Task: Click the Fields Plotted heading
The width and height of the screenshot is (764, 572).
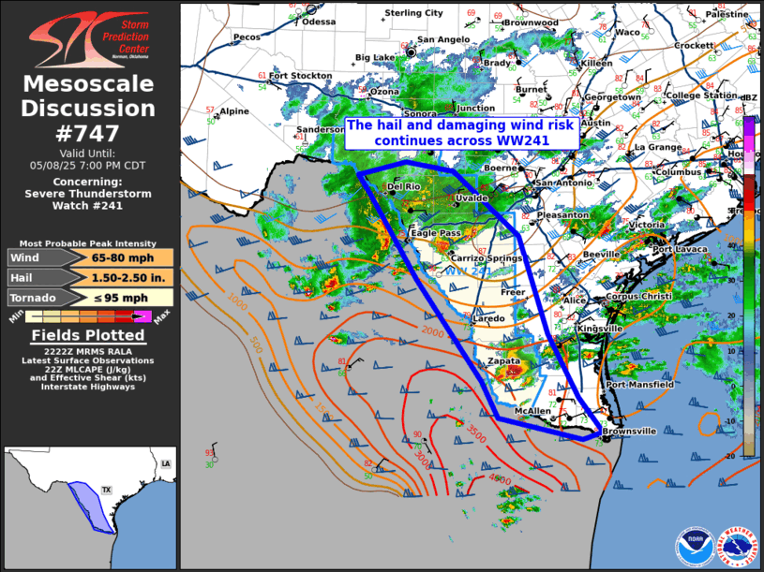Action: pyautogui.click(x=89, y=335)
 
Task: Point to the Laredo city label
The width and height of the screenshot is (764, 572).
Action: pyautogui.click(x=487, y=318)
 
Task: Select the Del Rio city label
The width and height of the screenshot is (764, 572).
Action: pyautogui.click(x=404, y=187)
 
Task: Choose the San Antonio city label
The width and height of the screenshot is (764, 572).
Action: pyautogui.click(x=564, y=182)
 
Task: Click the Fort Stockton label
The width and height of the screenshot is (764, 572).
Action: pyautogui.click(x=300, y=76)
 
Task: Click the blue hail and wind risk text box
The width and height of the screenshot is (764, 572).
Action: pyautogui.click(x=461, y=132)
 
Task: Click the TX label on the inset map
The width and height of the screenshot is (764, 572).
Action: pyautogui.click(x=106, y=490)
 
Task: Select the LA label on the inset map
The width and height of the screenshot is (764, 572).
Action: pyautogui.click(x=165, y=463)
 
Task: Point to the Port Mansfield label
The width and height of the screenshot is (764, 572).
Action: pyautogui.click(x=640, y=384)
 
